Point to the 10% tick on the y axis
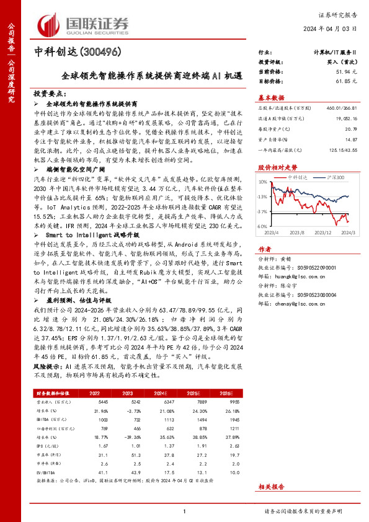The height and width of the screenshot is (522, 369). pyautogui.click(x=263, y=182)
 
